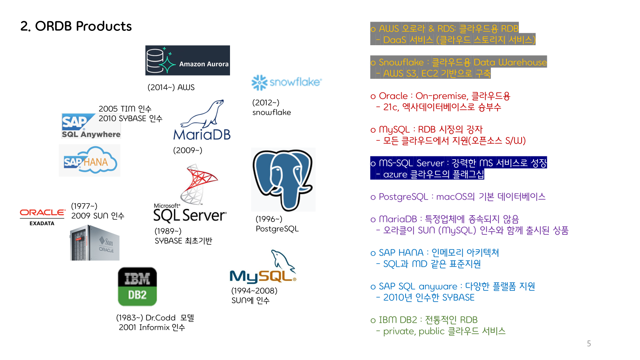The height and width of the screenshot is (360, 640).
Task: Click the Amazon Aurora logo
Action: [x=187, y=60]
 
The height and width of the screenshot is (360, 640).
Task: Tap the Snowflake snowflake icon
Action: [x=259, y=82]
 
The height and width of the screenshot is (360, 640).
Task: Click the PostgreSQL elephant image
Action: [x=283, y=180]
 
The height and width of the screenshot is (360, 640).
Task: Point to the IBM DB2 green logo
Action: [x=137, y=286]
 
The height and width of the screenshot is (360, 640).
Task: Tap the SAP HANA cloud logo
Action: [x=90, y=160]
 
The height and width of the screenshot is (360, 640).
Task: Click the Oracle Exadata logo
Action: [x=42, y=216]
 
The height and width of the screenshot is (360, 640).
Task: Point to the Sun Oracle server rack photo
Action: [x=95, y=243]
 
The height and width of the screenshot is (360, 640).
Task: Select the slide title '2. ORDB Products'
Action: [x=76, y=26]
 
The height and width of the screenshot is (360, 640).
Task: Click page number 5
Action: [x=589, y=344]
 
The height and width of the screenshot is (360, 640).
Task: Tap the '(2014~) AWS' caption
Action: [x=171, y=87]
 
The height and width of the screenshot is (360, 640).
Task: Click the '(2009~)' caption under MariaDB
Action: [x=188, y=150]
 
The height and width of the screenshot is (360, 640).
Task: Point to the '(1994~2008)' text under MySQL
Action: [x=254, y=291]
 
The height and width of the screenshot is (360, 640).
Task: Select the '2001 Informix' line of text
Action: [x=152, y=328]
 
